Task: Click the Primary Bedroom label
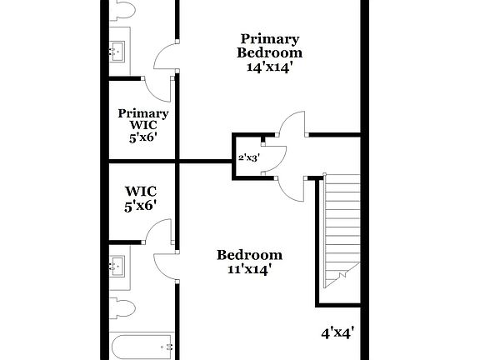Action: (270, 46)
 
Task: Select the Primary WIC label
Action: (143, 119)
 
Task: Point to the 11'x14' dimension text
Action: (249, 269)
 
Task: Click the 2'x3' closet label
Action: (247, 157)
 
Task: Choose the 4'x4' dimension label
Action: (338, 332)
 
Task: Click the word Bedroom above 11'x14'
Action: (249, 255)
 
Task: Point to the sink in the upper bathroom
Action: (117, 49)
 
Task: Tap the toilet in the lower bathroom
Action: (122, 306)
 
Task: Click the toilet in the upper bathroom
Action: (122, 10)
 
